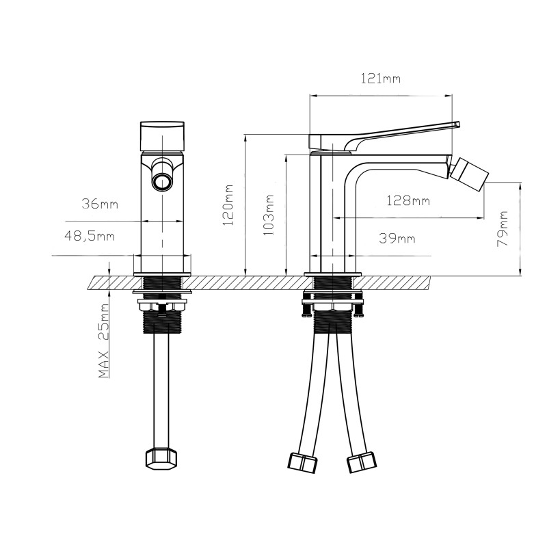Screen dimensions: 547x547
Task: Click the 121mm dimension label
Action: tap(380, 79)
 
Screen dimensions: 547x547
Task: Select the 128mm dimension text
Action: tap(408, 200)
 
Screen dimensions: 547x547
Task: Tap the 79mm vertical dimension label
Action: tap(504, 228)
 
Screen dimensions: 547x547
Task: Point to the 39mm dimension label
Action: tap(397, 238)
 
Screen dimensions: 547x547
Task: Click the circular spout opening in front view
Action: tap(162, 181)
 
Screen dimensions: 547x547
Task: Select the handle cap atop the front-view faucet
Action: tap(162, 135)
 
